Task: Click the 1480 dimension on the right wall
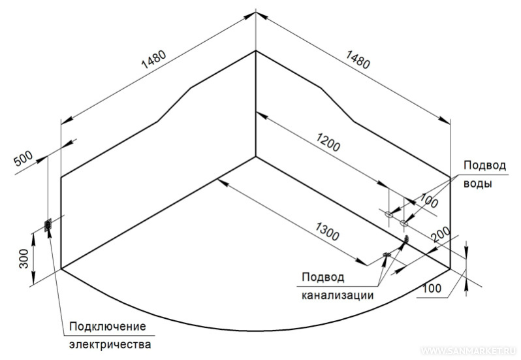358,59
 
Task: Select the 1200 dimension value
328,142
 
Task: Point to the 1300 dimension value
327,231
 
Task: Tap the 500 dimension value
24,159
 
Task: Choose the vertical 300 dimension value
24,259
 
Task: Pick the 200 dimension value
441,234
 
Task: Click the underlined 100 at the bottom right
432,288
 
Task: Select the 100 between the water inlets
429,199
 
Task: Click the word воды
477,184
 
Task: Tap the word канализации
338,295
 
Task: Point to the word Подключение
108,327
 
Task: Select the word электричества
110,344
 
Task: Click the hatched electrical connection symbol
48,225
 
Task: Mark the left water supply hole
388,214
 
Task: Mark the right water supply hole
403,223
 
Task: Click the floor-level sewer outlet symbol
387,255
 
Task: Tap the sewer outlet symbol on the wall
405,238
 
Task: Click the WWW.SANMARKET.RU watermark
469,351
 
